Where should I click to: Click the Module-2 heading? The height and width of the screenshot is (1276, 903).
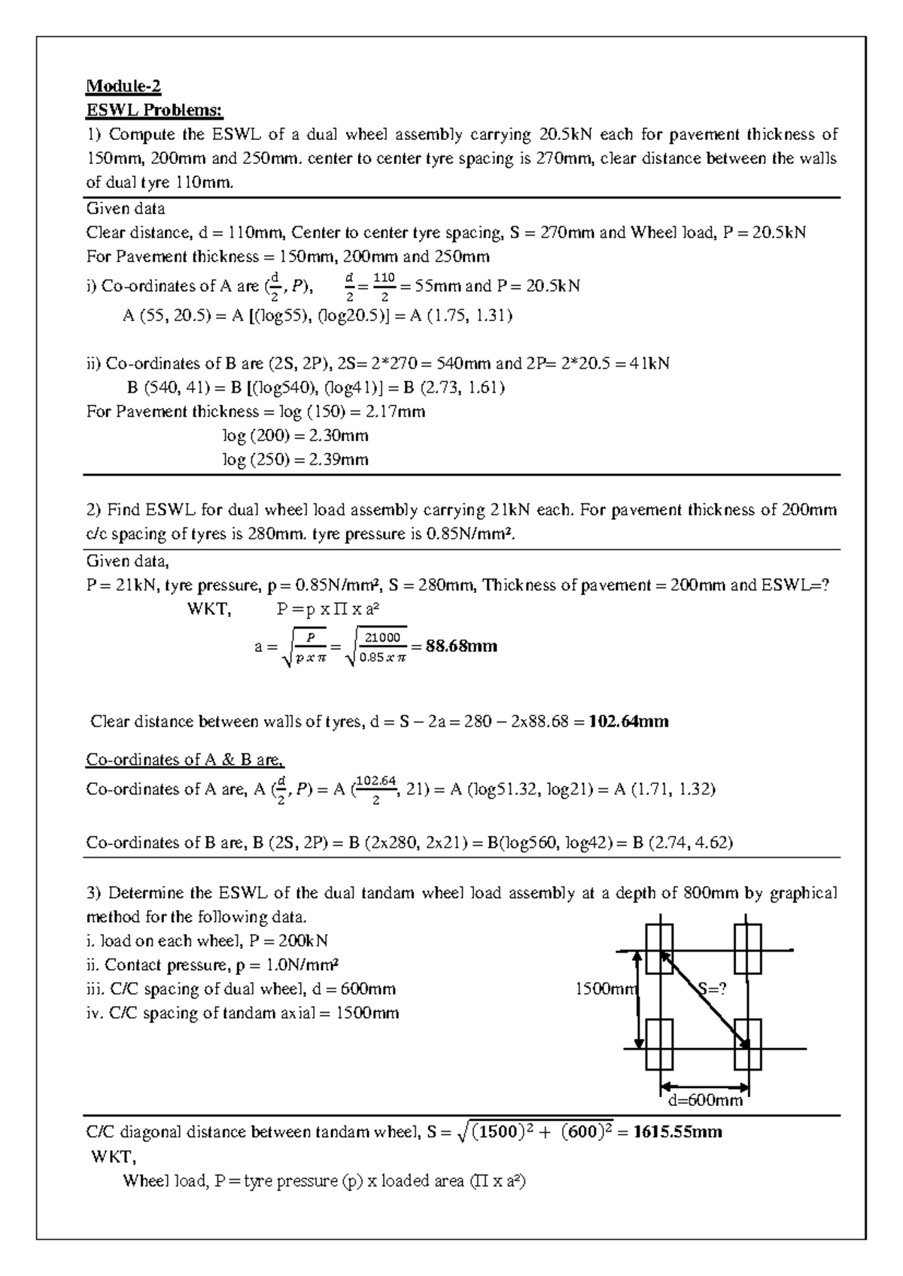pos(123,86)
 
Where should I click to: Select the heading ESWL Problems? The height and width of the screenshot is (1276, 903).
pos(154,111)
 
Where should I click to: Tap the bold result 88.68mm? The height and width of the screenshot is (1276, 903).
pos(461,646)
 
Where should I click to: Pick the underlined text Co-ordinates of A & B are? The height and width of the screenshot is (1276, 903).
pos(185,759)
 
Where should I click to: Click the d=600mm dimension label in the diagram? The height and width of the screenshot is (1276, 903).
pos(705,1100)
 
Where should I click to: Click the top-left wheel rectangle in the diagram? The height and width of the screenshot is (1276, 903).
pos(659,949)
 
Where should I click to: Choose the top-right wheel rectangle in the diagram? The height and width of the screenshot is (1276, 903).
pos(748,949)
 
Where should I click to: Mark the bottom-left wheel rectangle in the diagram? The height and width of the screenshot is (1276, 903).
pos(659,1044)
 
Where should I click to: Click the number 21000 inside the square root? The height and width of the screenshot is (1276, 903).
pos(382,637)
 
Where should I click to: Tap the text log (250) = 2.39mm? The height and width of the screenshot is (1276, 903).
pos(295,460)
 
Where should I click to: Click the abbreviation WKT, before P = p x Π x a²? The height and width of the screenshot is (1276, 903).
pos(208,609)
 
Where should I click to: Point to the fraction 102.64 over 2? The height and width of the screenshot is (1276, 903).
pos(375,789)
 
